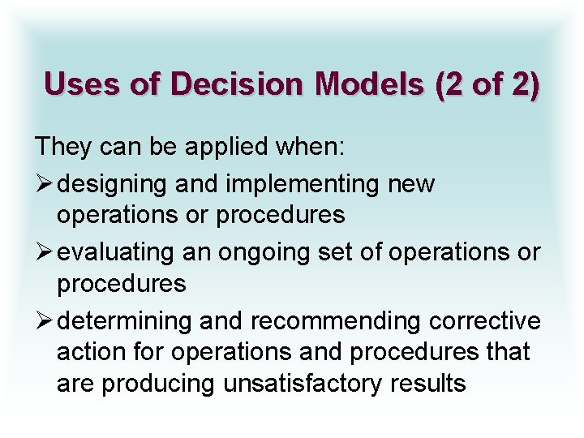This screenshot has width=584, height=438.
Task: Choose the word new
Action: point(412,184)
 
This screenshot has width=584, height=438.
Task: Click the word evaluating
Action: point(116,253)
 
